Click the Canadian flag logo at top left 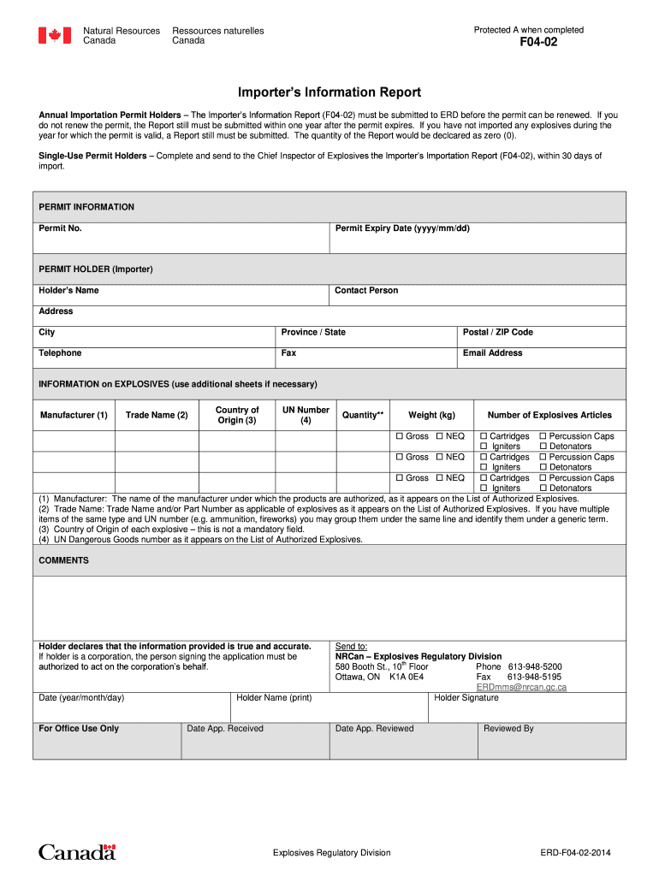54,35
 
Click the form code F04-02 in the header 538,42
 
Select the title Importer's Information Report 329,92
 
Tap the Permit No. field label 60,228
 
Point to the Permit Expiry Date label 402,228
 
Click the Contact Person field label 366,291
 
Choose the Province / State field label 313,332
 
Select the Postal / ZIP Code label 497,332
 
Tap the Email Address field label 492,352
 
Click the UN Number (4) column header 306,415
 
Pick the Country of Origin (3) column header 237,415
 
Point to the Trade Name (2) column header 156,415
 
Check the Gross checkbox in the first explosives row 399,436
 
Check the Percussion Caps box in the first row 543,436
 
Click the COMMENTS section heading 63,560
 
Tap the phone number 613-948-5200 534,666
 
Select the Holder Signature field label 466,697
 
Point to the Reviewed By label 508,729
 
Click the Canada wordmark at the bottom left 77,852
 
